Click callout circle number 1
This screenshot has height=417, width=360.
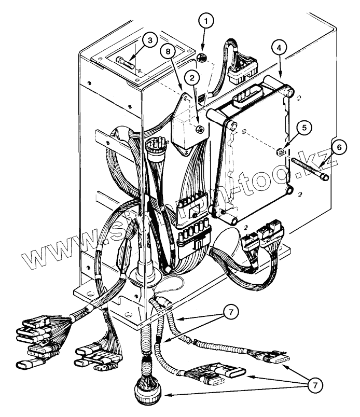pyautogui.click(x=206, y=22)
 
